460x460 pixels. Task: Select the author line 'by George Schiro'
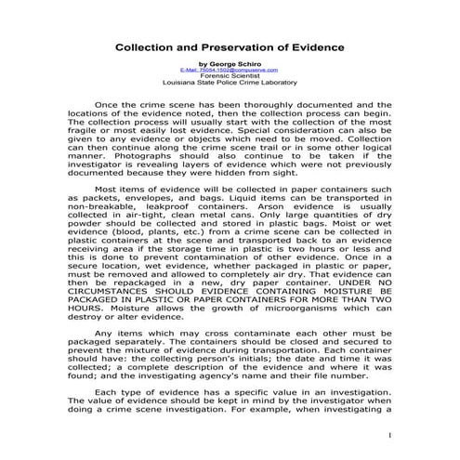tap(230, 64)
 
